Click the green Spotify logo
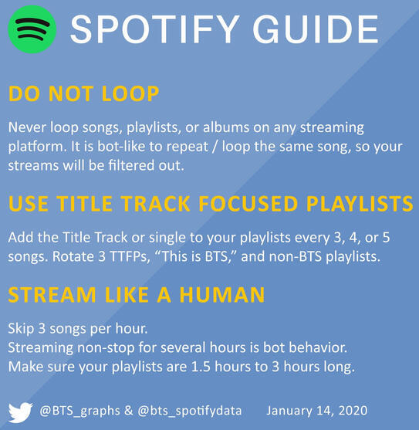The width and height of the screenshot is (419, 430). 32,29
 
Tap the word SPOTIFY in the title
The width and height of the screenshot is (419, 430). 155,29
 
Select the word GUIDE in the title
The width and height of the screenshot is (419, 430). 316,29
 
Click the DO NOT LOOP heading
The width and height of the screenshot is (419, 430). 83,93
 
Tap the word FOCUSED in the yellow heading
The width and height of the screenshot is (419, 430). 248,204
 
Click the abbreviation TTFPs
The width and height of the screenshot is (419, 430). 130,257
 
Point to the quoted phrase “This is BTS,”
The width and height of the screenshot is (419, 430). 196,257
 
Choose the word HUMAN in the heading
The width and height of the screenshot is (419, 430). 222,295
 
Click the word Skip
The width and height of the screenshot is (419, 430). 21,329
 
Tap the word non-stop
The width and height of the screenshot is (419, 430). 106,347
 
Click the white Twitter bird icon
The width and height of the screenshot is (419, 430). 21,412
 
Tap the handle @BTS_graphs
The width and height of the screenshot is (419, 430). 79,411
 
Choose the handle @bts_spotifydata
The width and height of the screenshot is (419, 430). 190,411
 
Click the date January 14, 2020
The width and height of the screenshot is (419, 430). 317,411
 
